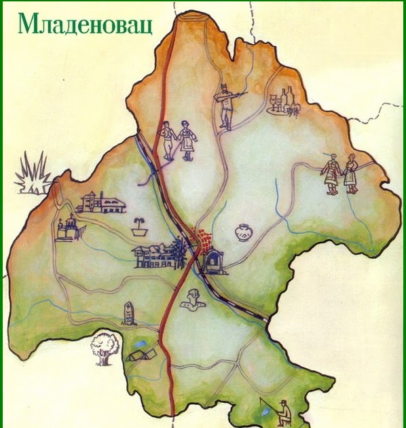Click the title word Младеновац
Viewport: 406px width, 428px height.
coord(84,23)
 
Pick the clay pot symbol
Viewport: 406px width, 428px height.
coord(243,233)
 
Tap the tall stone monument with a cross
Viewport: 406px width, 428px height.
coord(127,312)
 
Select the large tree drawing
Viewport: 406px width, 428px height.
coord(105,347)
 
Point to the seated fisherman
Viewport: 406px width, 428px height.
coord(284,410)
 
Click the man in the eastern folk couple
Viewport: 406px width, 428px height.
coord(331,175)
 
